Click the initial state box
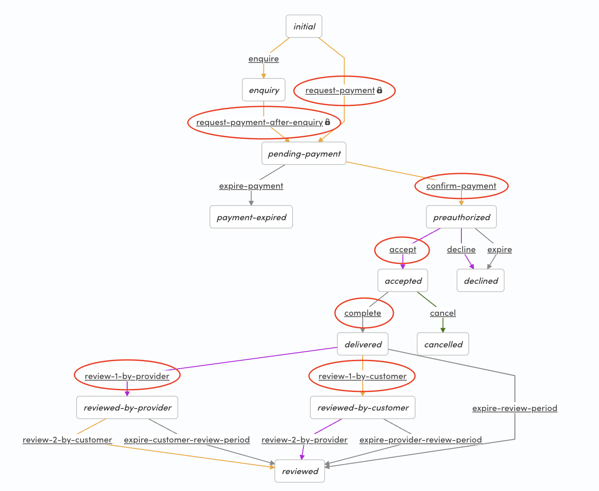[x=304, y=26]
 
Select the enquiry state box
[x=264, y=90]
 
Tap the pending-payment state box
[x=304, y=154]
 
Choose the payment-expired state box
[x=251, y=217]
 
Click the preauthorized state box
[x=461, y=217]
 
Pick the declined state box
[x=480, y=281]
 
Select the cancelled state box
[x=443, y=344]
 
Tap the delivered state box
[x=363, y=344]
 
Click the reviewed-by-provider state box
[x=127, y=408]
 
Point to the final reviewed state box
[x=300, y=471]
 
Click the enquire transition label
[x=264, y=58]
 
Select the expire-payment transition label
[x=251, y=186]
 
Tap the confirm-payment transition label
[x=461, y=186]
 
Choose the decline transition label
[x=461, y=249]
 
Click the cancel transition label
[x=443, y=313]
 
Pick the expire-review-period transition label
[x=515, y=408]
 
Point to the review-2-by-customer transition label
[x=68, y=440]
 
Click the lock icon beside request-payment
[x=380, y=90]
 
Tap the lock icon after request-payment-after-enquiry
[x=328, y=122]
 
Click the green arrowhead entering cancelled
[x=443, y=330]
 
